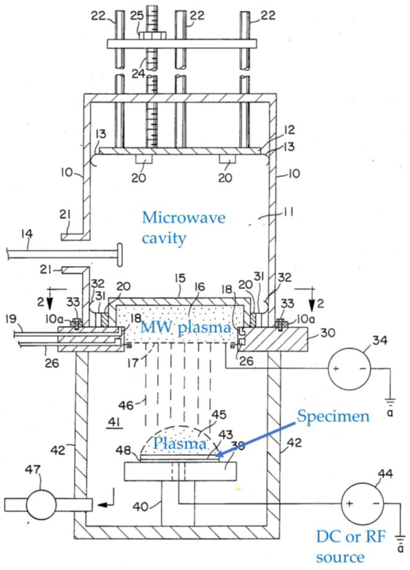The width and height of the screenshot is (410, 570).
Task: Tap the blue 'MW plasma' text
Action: coord(185,328)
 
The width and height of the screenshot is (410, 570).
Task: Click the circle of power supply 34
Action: coord(349,369)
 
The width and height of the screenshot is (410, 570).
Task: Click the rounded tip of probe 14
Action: coord(120,255)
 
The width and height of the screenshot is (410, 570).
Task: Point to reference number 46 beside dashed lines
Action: coord(126,405)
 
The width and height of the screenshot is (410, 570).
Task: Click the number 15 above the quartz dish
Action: coord(180,278)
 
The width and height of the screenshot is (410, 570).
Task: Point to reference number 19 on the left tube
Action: coord(11,319)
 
